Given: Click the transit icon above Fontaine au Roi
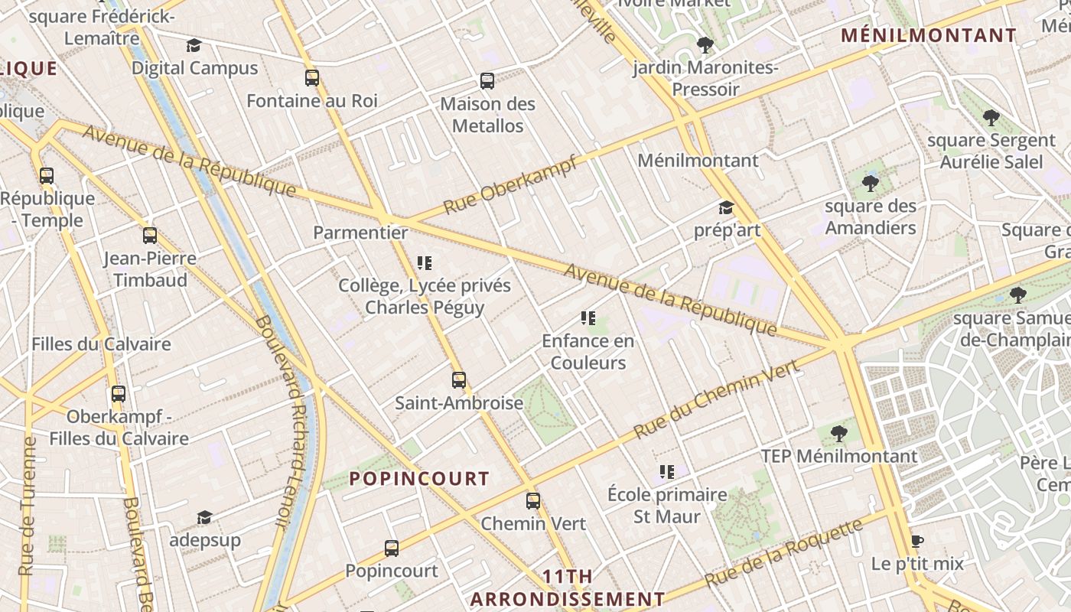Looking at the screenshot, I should click(x=311, y=77).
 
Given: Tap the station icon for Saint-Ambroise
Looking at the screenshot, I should click(x=458, y=379).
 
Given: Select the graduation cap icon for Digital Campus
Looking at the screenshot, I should click(x=194, y=45).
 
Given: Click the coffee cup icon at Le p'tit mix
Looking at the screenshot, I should click(x=917, y=542).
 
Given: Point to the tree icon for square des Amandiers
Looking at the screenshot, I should click(x=870, y=184).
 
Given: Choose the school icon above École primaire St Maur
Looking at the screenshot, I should click(x=667, y=472).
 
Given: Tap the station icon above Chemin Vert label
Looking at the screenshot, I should click(x=533, y=501).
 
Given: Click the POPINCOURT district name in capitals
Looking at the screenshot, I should click(x=419, y=479).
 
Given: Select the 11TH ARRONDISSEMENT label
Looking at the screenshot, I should click(x=567, y=588).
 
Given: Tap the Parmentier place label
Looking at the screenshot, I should click(x=360, y=232).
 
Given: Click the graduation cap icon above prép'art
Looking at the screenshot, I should click(x=725, y=207).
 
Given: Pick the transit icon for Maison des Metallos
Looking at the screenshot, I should click(x=487, y=80).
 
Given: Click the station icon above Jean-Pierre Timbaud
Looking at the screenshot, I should click(x=150, y=236).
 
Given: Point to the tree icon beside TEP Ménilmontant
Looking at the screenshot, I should click(x=839, y=434).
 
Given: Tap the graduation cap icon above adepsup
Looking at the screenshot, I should click(x=204, y=518).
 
